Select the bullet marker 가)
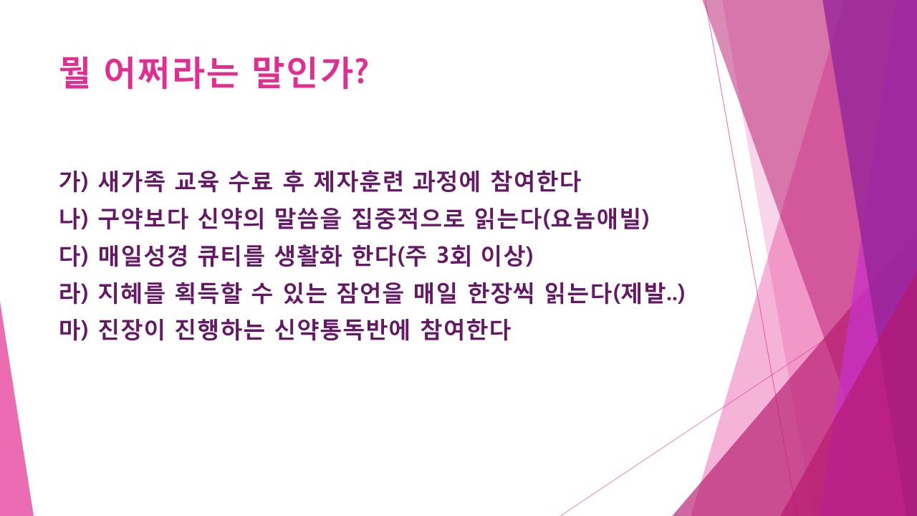73,182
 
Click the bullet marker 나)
73,219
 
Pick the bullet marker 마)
73,331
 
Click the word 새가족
132,182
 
